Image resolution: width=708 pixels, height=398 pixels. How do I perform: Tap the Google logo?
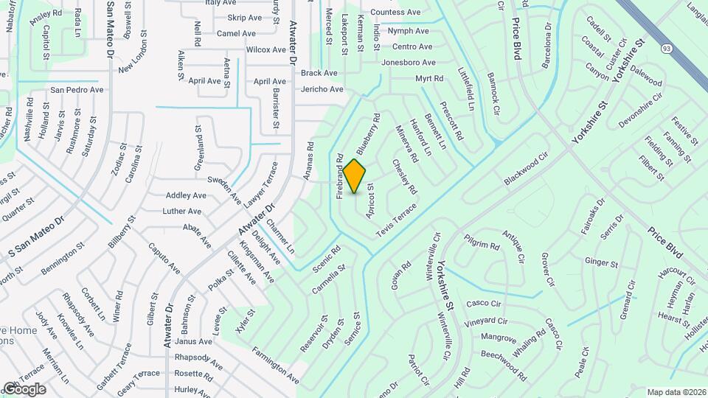coord(24,388)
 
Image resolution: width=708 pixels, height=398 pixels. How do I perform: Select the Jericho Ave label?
coord(322,89)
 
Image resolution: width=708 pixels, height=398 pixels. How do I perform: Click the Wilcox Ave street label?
coord(265,50)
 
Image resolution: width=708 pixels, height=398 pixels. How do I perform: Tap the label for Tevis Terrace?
coord(396,220)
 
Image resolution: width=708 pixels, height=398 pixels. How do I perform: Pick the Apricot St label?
coord(370,200)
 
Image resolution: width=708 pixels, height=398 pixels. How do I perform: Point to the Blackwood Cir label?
coord(527,170)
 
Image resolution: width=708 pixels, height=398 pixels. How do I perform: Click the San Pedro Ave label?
coord(77,90)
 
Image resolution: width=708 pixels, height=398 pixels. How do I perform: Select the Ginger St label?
coord(601,262)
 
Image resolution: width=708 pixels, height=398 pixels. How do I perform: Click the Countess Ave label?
coord(395,13)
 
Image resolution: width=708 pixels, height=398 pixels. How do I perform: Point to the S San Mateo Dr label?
coord(37,238)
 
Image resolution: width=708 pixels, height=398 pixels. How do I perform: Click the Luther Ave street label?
coord(182,212)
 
